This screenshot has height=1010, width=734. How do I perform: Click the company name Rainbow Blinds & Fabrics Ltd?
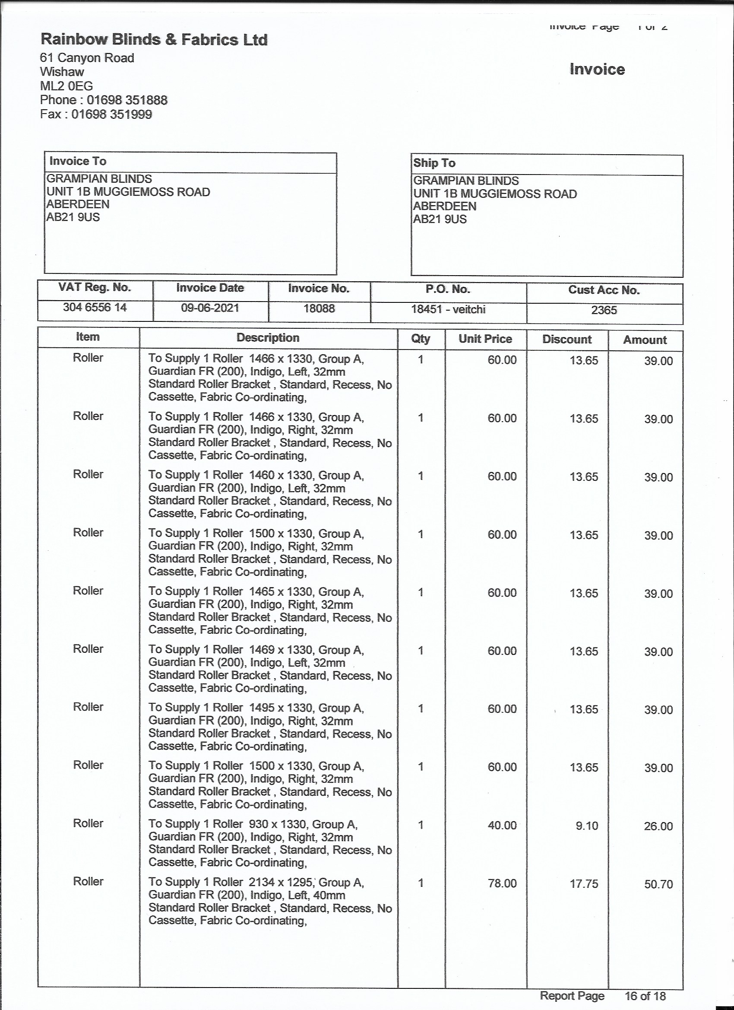[154, 40]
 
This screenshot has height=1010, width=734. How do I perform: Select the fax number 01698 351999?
[112, 114]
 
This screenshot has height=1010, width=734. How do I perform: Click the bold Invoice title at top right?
[597, 70]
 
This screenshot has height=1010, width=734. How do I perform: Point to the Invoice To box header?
[78, 161]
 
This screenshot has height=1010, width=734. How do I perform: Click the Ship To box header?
[434, 163]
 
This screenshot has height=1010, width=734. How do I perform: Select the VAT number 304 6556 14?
[95, 307]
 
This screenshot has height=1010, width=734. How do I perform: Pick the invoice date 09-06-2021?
[210, 308]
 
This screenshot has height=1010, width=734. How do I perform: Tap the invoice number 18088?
[319, 308]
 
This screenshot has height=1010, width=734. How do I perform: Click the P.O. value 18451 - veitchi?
[448, 309]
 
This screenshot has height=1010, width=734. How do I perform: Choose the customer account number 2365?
[604, 310]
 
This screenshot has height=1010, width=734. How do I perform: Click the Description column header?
[268, 337]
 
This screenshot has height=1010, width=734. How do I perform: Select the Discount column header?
[566, 340]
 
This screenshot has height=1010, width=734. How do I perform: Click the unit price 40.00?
[502, 825]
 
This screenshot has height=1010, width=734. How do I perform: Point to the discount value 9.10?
[587, 826]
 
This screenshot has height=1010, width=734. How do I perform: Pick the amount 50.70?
[658, 884]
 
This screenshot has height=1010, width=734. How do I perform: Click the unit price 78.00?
[502, 883]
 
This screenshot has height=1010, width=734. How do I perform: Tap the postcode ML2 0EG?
[66, 86]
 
